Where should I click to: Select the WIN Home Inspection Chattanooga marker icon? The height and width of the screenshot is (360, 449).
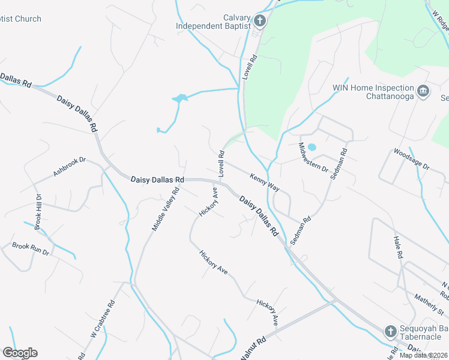coord(423,91)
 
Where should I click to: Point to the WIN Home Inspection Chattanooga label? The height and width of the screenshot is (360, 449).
coord(373,92)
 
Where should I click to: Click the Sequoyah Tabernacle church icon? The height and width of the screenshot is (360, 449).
coord(390,331)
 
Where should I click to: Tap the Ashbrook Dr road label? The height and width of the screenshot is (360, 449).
coord(70,167)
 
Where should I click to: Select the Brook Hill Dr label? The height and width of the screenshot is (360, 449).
coord(37,212)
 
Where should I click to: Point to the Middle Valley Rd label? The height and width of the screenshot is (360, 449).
coord(166,209)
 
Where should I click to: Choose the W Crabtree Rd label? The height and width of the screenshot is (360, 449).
coord(102,319)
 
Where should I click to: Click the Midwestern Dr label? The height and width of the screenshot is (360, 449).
coord(313,157)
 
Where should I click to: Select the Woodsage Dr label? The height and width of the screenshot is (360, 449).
coord(412,160)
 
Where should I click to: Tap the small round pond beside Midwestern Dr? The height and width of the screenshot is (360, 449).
coord(312,147)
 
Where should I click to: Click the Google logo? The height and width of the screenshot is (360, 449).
coord(19,353)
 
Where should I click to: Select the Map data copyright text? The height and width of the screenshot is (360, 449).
coord(423,355)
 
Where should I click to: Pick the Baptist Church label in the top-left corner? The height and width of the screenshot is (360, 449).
coord(20,19)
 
